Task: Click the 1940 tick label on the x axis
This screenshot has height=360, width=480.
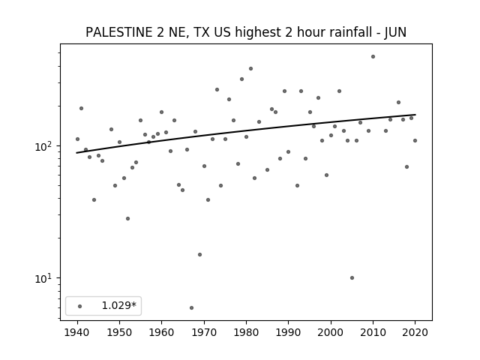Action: [77, 332]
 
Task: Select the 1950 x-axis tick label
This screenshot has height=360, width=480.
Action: [119, 332]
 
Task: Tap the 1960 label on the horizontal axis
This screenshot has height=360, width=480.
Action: [162, 332]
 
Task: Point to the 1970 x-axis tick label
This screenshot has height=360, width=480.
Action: [204, 332]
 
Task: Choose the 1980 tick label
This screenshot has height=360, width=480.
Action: [246, 332]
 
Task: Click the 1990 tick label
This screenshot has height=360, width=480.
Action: [288, 332]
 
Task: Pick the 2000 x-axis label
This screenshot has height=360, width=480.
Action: [331, 332]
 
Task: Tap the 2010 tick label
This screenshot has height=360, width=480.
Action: [373, 332]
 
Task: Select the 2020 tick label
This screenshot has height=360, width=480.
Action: [415, 332]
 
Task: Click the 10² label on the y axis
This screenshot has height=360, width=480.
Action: [43, 146]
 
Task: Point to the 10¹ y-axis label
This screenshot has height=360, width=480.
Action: [43, 278]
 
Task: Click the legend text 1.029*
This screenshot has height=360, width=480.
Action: [118, 305]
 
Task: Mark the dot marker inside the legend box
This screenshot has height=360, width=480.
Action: [80, 306]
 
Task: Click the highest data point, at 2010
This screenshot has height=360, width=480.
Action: [373, 57]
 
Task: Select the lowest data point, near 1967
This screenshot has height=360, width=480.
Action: [191, 307]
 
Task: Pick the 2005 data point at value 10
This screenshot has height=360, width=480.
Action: [352, 278]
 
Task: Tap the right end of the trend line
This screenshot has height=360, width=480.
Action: [415, 115]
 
